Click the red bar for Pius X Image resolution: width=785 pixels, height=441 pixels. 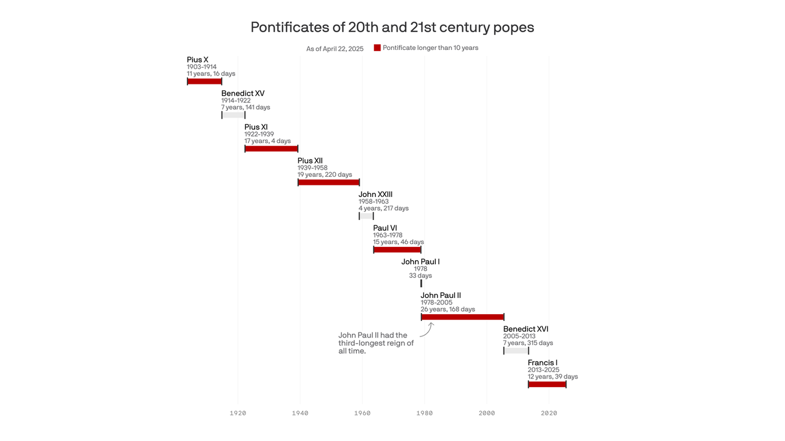(205, 82)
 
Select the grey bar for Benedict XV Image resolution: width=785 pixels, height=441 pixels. (233, 115)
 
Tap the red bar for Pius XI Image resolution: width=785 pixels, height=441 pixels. (271, 149)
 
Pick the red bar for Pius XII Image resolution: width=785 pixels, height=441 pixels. (329, 183)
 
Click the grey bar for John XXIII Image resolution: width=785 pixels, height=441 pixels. (366, 216)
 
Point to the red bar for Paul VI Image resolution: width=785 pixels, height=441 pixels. (397, 250)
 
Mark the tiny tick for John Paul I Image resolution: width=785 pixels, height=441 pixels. (421, 283)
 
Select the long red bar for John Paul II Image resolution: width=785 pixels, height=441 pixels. (463, 317)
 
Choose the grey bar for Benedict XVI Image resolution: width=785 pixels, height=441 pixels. (516, 351)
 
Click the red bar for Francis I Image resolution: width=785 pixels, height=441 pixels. (547, 384)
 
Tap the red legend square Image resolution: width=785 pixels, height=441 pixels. (377, 48)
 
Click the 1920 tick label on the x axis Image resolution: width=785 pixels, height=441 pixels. (238, 413)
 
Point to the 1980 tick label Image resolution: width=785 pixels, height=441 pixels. (425, 413)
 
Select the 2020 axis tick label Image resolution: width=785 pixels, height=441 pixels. (549, 413)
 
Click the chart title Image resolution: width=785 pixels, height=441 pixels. (392, 27)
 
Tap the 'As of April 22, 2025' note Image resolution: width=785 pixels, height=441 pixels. (335, 49)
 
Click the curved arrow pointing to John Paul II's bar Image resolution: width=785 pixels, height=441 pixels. (426, 330)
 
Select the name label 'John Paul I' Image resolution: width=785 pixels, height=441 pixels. (421, 262)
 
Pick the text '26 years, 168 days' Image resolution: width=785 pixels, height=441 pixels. (448, 310)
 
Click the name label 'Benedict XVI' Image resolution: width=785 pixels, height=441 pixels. (526, 329)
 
